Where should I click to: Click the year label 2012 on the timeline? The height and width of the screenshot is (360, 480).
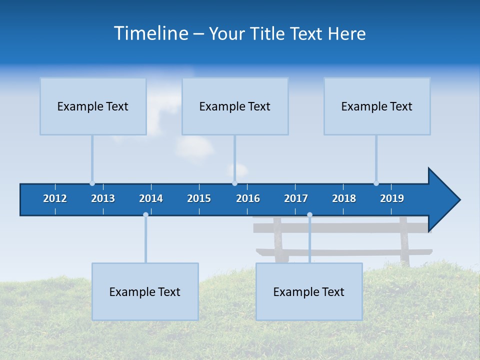tap(55, 198)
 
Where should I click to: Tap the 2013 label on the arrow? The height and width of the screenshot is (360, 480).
tap(103, 198)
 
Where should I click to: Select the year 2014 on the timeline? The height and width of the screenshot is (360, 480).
tap(151, 198)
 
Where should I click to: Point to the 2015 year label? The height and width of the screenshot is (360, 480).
tap(199, 198)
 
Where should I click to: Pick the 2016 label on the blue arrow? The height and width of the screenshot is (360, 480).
tap(248, 198)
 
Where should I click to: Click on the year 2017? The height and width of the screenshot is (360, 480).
tap(296, 198)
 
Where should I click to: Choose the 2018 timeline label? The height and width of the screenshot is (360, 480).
tap(344, 198)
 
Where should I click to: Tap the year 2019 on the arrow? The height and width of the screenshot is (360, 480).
tap(392, 198)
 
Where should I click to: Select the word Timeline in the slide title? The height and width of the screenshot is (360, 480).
tap(151, 33)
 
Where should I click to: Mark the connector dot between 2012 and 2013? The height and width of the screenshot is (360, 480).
tap(92, 183)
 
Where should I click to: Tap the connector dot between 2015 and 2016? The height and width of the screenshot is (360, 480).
tap(234, 183)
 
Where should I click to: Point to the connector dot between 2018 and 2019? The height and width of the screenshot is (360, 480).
tap(376, 183)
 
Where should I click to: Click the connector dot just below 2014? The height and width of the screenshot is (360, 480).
tap(145, 215)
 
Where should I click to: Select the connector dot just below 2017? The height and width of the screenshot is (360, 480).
tap(309, 215)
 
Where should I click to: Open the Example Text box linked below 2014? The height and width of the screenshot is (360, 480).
tap(145, 291)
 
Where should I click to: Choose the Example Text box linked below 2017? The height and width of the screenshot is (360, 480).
tap(309, 291)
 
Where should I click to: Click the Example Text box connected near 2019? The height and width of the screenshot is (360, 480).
tap(377, 106)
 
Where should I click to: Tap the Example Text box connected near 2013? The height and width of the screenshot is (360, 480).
tap(93, 106)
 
